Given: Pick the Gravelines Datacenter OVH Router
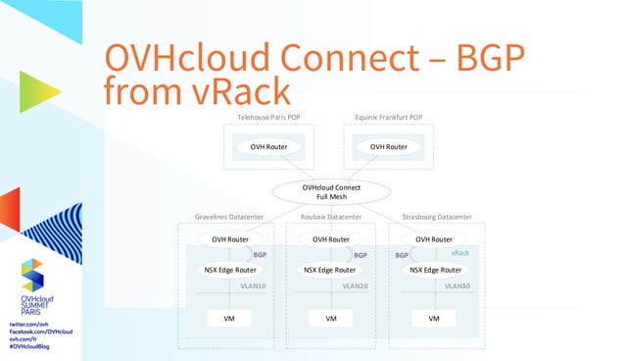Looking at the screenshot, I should click(223, 238).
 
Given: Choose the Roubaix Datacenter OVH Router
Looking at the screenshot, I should click(331, 238).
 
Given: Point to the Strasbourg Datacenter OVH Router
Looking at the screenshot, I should click(433, 238).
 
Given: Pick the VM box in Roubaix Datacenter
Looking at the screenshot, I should click(331, 318).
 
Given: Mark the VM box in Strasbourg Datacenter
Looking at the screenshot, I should click(434, 318).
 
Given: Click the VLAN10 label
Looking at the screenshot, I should click(253, 286).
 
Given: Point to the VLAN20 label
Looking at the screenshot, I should click(355, 286).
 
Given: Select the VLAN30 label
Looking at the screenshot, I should click(457, 286).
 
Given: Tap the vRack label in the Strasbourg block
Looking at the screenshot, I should click(459, 253).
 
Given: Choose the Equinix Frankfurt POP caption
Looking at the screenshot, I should click(388, 118).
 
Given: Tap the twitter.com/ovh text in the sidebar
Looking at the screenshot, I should click(28, 323).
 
